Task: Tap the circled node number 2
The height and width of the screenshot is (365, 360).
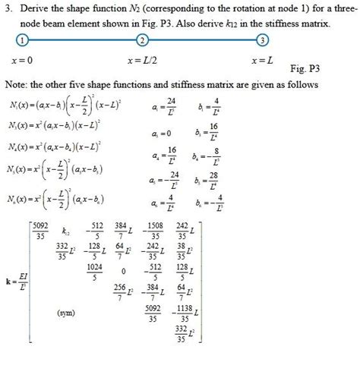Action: [142, 39]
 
